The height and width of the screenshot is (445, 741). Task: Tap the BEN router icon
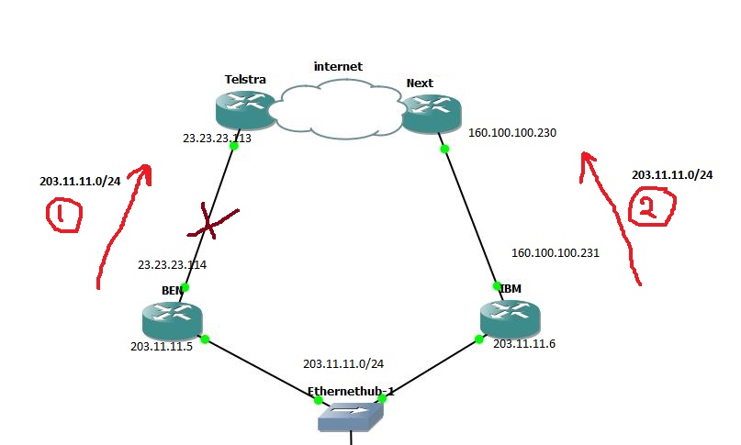pos(172,319)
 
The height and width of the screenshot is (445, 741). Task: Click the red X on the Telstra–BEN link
pos(209,221)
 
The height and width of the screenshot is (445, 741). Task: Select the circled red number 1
pos(63,216)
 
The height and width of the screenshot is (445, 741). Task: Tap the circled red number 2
pos(648,210)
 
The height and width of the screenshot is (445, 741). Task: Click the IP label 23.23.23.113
pos(217,139)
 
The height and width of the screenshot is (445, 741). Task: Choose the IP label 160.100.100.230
pos(512,132)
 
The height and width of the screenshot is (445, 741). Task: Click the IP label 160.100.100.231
pos(555,252)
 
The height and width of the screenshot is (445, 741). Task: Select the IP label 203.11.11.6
pos(524,343)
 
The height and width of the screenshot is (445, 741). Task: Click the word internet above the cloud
pos(338,66)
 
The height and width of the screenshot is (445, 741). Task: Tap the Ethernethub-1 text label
pos(351,391)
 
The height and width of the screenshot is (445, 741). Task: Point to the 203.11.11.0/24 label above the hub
pos(342,363)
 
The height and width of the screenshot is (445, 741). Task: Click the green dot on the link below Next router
pos(444,149)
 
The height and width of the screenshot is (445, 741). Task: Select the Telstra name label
pos(245,80)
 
